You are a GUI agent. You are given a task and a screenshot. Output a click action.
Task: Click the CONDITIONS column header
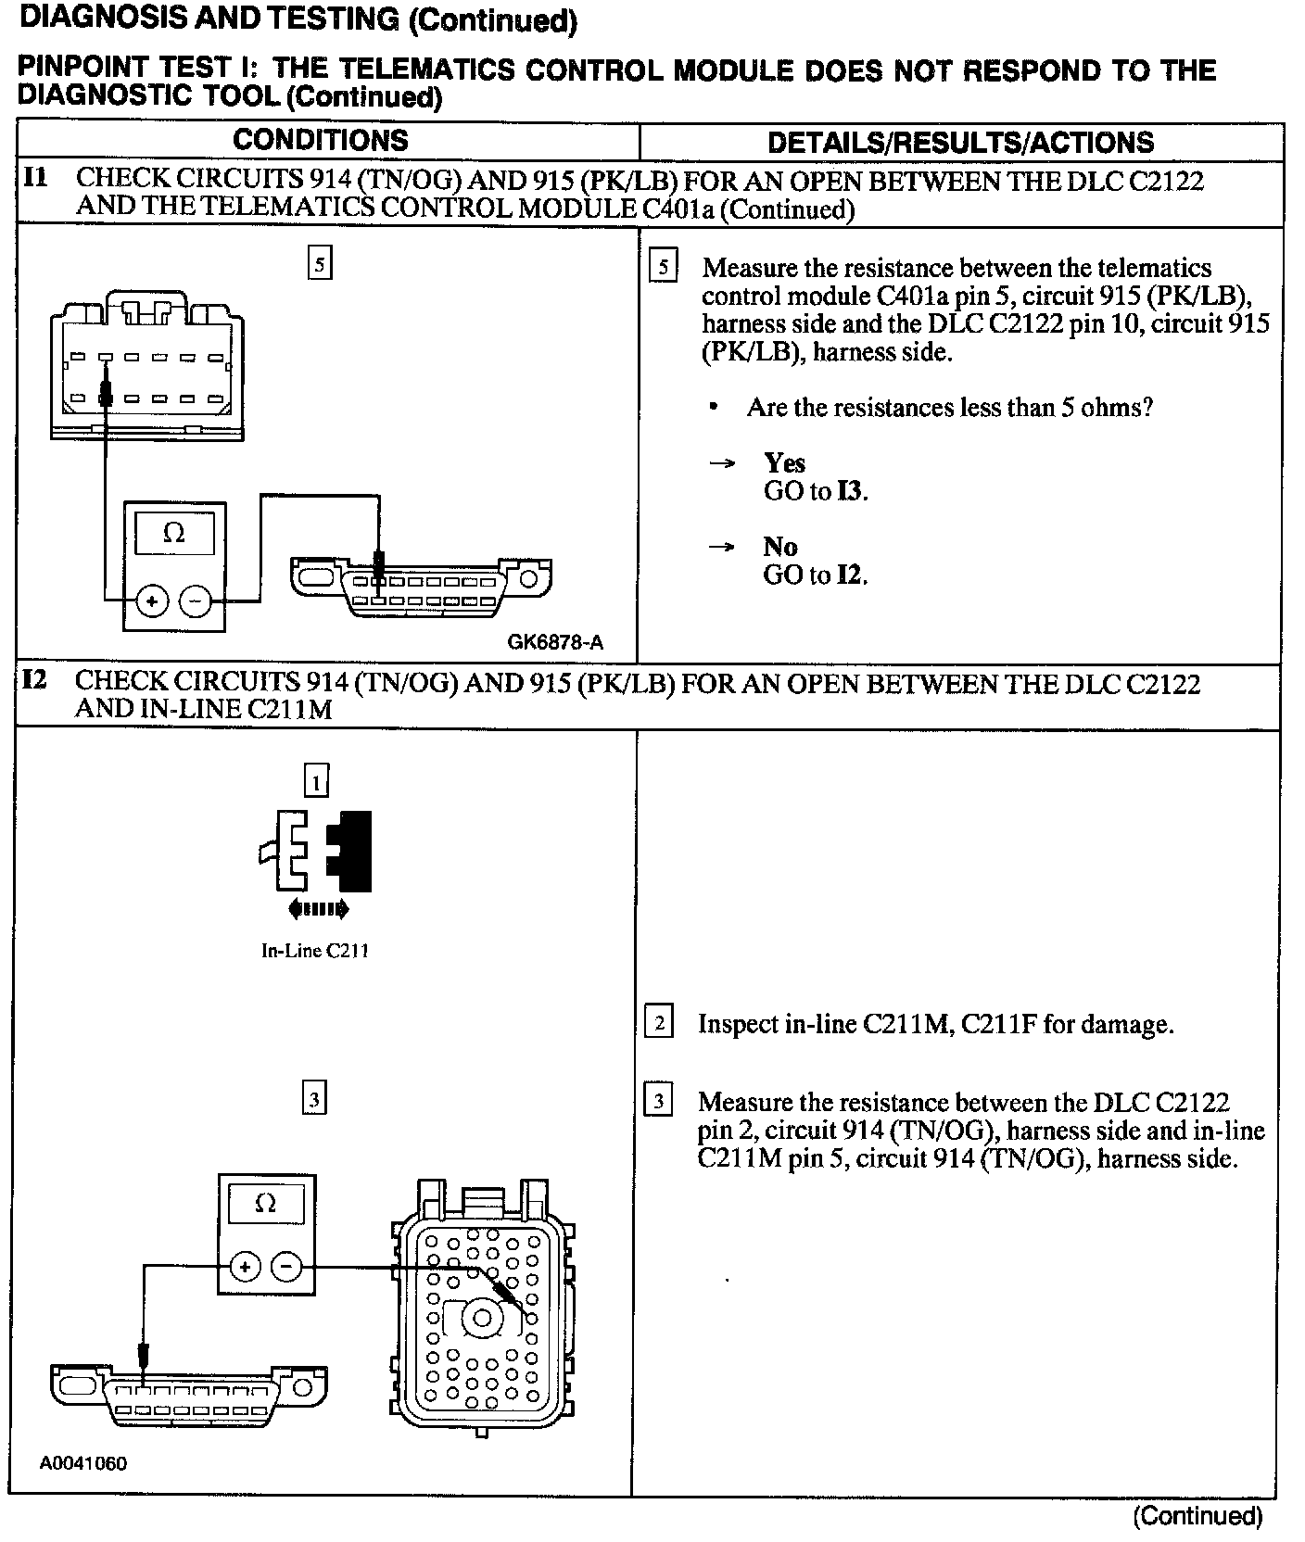click(x=320, y=140)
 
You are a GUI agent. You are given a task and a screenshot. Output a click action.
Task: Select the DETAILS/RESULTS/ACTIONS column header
click(x=960, y=142)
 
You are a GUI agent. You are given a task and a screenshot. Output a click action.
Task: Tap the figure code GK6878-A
click(x=555, y=642)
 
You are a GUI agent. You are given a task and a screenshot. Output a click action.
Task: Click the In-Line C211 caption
click(x=315, y=951)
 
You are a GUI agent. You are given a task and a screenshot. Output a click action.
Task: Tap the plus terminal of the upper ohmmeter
click(x=151, y=601)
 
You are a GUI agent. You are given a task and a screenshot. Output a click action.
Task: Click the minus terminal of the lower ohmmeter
click(x=287, y=1266)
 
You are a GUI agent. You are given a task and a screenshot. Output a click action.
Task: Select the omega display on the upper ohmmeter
click(x=173, y=534)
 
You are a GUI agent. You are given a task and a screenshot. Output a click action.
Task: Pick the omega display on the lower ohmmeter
click(x=265, y=1204)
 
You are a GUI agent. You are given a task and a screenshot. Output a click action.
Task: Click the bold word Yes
click(x=784, y=462)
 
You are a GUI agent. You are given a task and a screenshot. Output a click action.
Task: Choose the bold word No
click(x=779, y=547)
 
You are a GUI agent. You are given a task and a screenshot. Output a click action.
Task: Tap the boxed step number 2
click(x=659, y=1023)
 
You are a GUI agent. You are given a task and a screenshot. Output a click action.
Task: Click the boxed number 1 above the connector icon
click(x=316, y=782)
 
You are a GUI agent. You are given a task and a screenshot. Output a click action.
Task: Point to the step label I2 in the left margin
click(x=34, y=680)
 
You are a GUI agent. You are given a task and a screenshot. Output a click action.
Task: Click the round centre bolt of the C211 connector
click(x=481, y=1318)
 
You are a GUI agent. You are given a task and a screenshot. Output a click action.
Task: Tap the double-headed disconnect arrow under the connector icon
click(x=319, y=909)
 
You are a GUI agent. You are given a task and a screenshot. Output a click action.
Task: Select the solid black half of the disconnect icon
click(x=352, y=851)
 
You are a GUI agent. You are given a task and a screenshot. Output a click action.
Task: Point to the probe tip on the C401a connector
click(x=106, y=395)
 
